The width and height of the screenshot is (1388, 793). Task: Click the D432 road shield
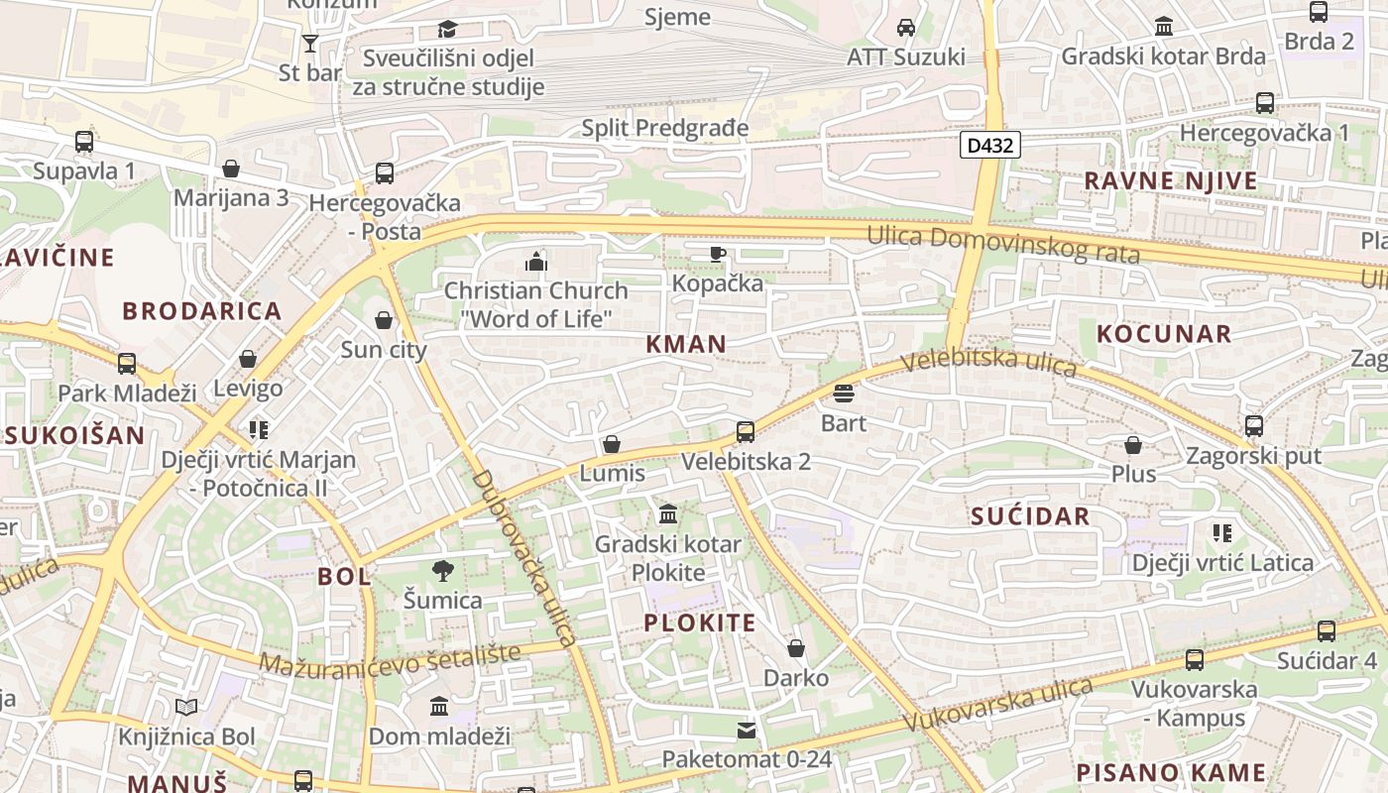coord(989,146)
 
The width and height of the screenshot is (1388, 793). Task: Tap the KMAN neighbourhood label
coord(686,345)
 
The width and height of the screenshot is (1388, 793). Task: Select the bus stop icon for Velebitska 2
coord(746,432)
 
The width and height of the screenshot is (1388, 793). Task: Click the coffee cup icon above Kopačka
coord(718,255)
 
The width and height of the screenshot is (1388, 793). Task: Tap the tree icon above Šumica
coord(442,570)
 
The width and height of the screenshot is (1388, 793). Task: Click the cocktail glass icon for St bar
coord(310,43)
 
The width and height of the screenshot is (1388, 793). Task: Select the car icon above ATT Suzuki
coord(905,28)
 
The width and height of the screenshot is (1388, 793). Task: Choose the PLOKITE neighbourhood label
coord(700,623)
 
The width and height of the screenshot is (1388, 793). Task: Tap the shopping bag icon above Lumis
coord(612,444)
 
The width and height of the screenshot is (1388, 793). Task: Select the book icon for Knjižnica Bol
coord(186,707)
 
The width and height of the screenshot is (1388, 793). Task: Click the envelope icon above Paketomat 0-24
coord(746,731)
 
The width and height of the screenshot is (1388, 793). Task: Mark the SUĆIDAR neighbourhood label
coord(1030,515)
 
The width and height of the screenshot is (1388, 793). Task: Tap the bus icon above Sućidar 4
coord(1327,630)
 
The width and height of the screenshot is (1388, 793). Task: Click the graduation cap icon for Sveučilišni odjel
coord(448,29)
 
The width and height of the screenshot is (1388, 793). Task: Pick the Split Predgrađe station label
coord(664,128)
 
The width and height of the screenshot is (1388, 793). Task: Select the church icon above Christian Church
coord(536,262)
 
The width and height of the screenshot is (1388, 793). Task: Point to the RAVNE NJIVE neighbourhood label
coord(1170,181)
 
